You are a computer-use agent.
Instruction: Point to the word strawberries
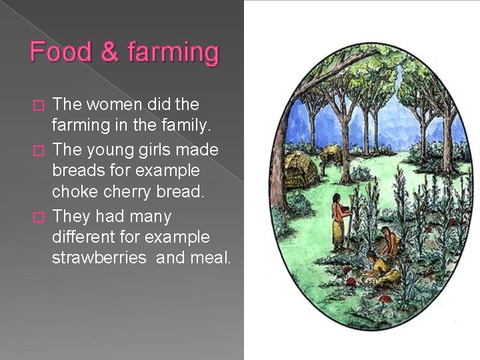coord(99,258)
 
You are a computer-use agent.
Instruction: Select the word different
coord(84,237)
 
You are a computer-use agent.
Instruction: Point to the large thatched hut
coord(300,171)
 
